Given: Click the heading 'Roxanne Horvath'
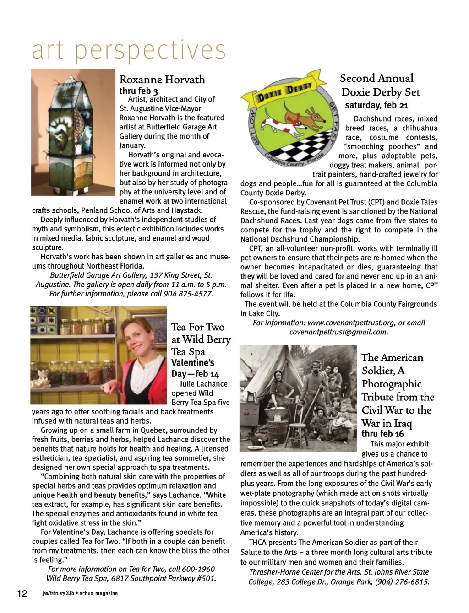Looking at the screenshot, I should (x=162, y=80).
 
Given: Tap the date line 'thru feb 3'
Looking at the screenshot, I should (x=139, y=91).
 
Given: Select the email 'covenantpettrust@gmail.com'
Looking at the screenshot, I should (x=338, y=332).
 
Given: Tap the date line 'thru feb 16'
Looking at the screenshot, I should (x=383, y=434).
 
